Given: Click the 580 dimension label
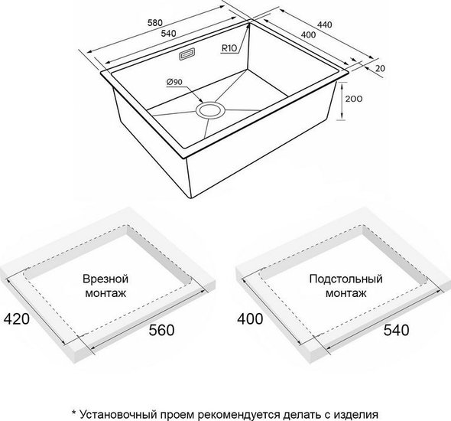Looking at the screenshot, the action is tap(155, 22).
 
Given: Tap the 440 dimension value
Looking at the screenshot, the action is tap(324, 24).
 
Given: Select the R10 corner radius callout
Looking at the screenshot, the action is tap(229, 48).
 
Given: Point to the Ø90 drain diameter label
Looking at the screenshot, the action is tap(174, 82).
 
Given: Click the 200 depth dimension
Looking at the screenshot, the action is tap(354, 99).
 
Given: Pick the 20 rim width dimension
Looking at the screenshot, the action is tap(380, 69).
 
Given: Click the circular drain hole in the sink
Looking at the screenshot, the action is tap(210, 109).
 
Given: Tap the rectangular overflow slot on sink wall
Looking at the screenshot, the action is tap(187, 54).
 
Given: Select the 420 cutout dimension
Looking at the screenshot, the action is tap(16, 319).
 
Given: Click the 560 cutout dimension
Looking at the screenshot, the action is tap(161, 330).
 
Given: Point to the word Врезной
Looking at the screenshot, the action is tap(105, 279).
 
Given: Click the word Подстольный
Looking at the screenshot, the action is tap(346, 279).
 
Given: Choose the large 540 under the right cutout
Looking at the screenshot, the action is tap(397, 330).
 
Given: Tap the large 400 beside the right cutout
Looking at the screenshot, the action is tap(250, 319).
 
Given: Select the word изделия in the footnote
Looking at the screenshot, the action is tap(355, 415).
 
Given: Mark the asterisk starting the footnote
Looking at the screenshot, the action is tap(74, 413).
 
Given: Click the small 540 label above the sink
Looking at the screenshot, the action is tap(168, 34).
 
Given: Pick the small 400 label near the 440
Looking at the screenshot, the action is tap(308, 35).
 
